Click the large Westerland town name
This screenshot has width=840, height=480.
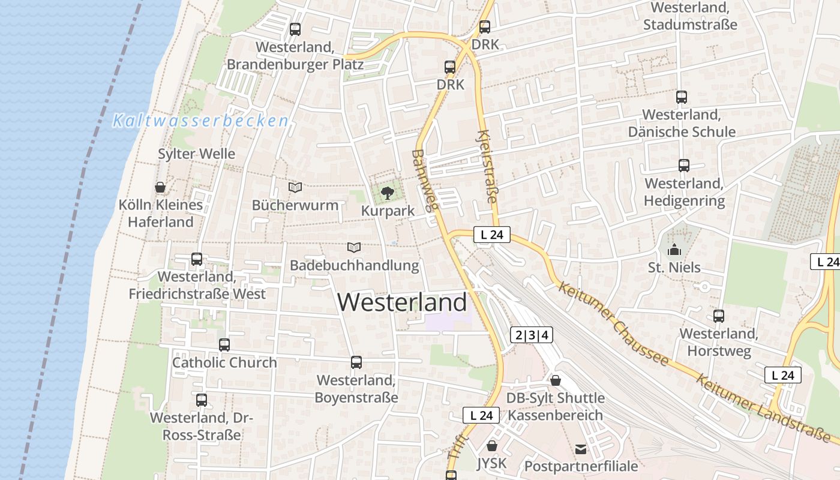(x=402, y=302)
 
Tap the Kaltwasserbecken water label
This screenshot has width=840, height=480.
(x=201, y=121)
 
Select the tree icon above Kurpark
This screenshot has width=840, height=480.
(x=388, y=193)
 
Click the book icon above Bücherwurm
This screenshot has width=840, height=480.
(x=295, y=187)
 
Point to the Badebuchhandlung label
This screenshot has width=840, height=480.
(x=354, y=265)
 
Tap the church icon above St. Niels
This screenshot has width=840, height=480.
(x=674, y=249)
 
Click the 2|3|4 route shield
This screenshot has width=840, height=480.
(x=531, y=335)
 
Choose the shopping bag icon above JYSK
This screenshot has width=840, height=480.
(x=492, y=446)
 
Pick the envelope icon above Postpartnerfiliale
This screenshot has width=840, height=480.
(x=581, y=448)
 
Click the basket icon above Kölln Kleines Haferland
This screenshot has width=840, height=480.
(x=160, y=187)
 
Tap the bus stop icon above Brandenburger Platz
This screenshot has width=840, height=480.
(x=295, y=29)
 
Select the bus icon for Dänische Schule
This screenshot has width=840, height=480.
(x=681, y=97)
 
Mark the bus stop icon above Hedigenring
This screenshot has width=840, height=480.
(x=683, y=166)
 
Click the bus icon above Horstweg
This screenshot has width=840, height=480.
(x=718, y=316)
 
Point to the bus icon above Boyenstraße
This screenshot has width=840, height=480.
(x=356, y=362)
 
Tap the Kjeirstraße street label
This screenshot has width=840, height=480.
(x=487, y=167)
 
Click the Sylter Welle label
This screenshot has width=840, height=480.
(x=196, y=154)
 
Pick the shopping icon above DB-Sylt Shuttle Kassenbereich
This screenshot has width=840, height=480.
(x=555, y=380)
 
